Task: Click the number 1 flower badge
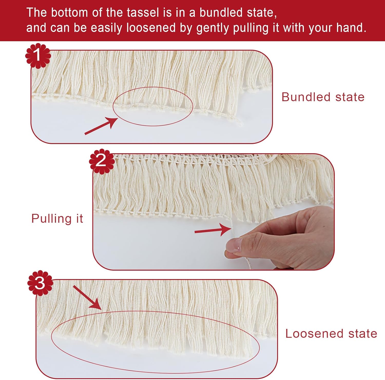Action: click(x=38, y=56)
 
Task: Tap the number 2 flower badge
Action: click(x=102, y=161)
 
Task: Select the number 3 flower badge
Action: click(x=40, y=283)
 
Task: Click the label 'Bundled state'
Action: click(x=323, y=97)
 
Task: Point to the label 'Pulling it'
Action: click(x=57, y=219)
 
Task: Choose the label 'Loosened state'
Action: click(x=331, y=334)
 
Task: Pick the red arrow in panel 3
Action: click(x=87, y=297)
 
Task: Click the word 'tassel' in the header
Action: click(x=133, y=13)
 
